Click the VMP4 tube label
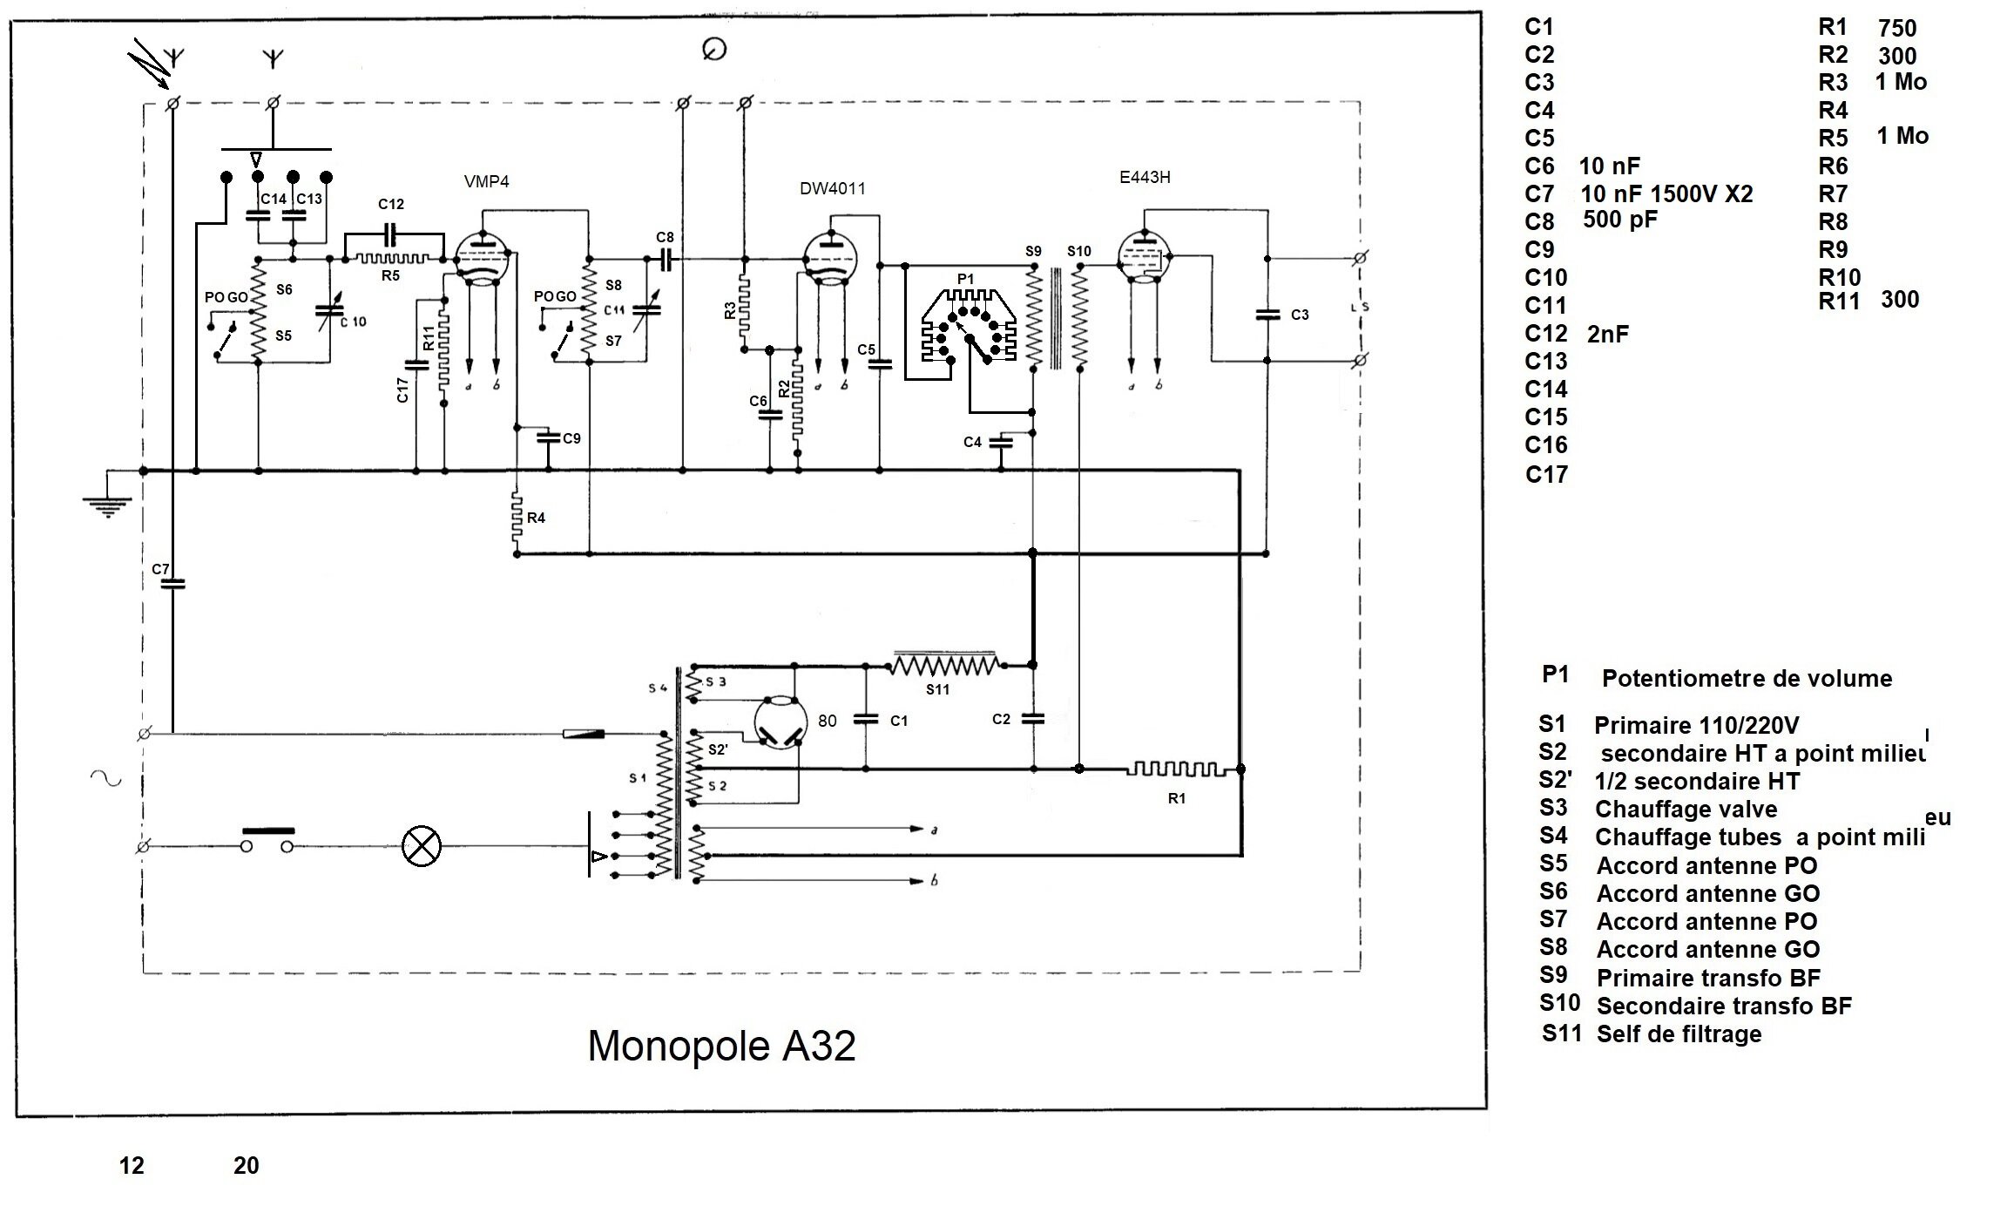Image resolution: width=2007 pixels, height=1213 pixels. tap(486, 181)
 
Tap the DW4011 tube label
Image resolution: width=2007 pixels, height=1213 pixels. tap(833, 188)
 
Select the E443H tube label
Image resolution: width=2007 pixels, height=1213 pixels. tap(1145, 177)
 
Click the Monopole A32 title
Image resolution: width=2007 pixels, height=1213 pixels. tap(721, 1046)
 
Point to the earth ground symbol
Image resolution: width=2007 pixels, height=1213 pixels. tap(107, 504)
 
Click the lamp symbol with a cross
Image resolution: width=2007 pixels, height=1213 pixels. tap(422, 846)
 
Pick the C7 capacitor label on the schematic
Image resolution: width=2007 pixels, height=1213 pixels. tap(160, 569)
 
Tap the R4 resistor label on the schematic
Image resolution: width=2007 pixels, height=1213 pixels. tap(536, 518)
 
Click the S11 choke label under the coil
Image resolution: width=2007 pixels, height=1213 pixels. tap(937, 689)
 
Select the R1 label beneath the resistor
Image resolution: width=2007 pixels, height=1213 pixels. tap(1176, 798)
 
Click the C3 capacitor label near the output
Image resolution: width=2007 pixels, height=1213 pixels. tap(1300, 315)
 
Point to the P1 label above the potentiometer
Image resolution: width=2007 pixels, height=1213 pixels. tap(965, 279)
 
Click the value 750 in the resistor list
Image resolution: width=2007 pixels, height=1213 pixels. tap(1896, 29)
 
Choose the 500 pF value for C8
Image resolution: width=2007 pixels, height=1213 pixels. tap(1619, 220)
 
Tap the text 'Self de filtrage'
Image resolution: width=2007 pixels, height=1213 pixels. tap(1679, 1034)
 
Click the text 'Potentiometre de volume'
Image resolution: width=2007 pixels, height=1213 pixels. tap(1747, 679)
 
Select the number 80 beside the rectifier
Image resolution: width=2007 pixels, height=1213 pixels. tap(827, 721)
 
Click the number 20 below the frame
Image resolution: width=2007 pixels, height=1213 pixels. tap(246, 1165)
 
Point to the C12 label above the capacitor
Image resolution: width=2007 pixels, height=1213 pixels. tap(391, 204)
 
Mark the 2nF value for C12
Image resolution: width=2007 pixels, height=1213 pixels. tap(1607, 334)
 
